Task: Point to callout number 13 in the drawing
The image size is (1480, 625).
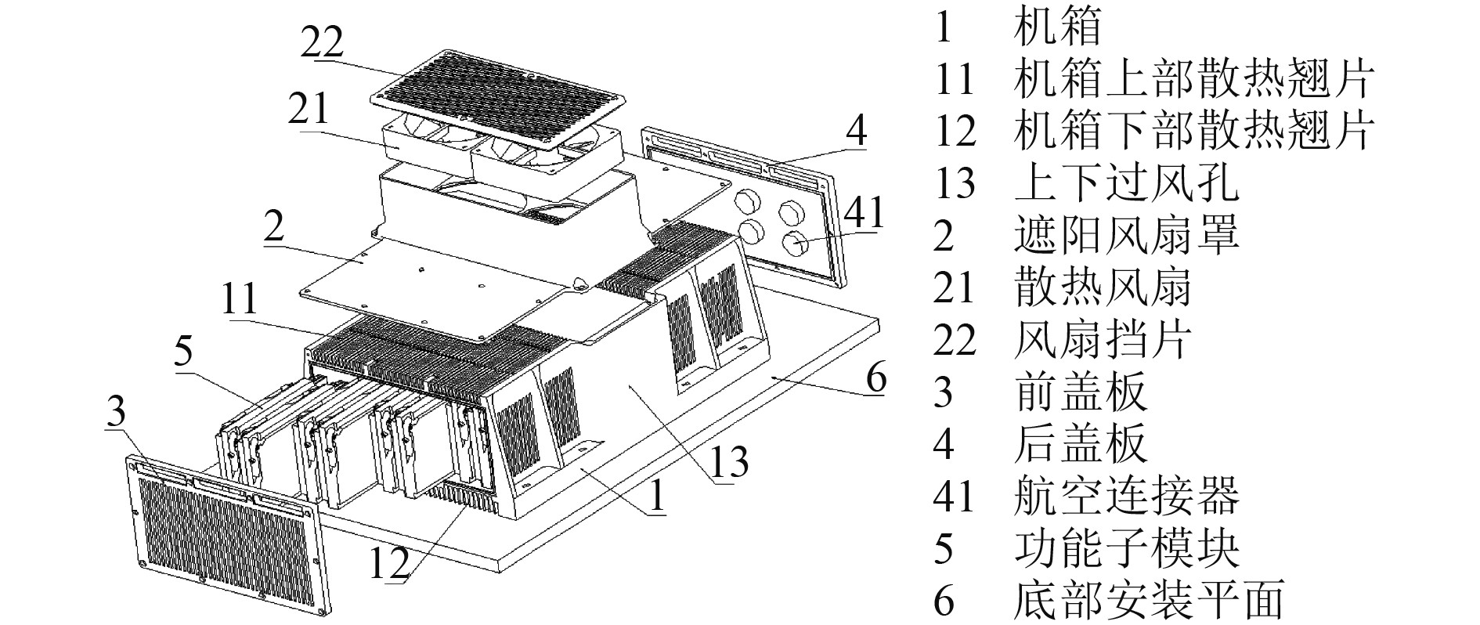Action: [x=728, y=461]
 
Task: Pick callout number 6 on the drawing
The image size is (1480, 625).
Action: [x=876, y=378]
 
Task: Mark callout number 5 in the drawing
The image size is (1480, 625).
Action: [x=182, y=352]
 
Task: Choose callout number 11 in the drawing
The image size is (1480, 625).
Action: [x=239, y=298]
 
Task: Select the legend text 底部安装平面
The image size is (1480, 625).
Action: [x=1148, y=600]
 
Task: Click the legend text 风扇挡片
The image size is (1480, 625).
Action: [x=1103, y=339]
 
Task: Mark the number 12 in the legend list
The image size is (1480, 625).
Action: [x=955, y=130]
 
